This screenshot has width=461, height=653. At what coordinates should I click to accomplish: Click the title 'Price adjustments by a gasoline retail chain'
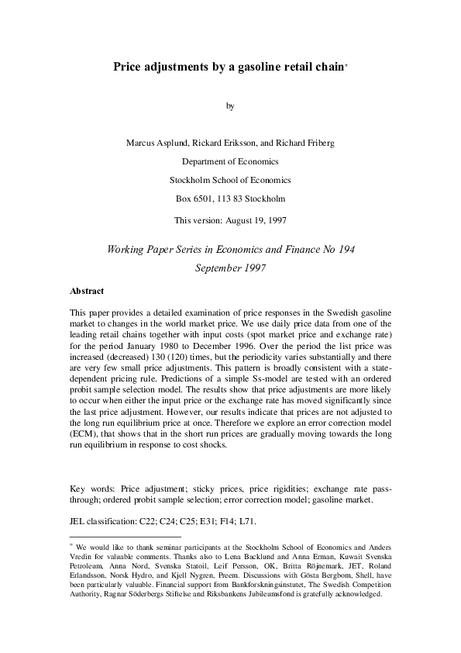229,67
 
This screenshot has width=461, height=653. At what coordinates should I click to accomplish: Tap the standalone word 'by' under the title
230,106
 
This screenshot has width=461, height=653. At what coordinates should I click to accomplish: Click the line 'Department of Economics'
230,161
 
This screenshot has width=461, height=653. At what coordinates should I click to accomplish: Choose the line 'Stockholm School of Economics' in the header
230,180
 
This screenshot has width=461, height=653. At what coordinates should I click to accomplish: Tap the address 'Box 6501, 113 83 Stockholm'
230,199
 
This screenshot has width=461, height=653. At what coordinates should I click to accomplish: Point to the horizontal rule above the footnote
126,536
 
